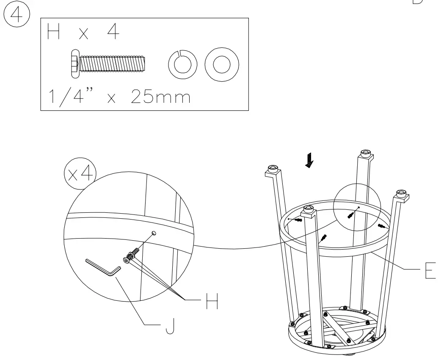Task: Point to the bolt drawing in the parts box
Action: [108, 64]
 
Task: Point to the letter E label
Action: [430, 270]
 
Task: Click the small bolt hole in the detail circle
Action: [154, 233]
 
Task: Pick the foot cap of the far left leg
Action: [273, 171]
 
